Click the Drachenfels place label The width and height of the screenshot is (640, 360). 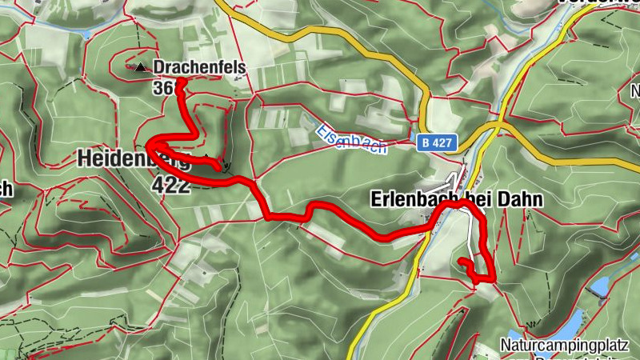coord(199,67)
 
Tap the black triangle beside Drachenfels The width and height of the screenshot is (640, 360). coord(142,67)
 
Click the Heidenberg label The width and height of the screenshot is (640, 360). coord(133,158)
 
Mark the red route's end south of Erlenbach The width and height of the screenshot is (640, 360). coord(460,261)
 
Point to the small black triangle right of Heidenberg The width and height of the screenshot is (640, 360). coord(207,157)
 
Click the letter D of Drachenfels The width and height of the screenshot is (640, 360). coord(159,67)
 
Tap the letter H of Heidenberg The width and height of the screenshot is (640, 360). coord(85,158)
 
